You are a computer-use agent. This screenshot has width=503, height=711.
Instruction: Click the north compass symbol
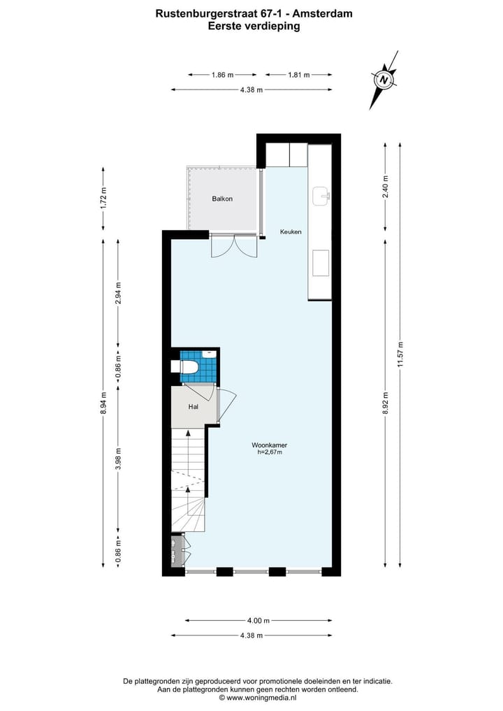tap(384, 80)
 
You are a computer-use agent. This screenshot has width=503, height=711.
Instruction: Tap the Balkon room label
tap(222, 199)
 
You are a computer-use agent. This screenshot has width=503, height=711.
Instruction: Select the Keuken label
tap(291, 231)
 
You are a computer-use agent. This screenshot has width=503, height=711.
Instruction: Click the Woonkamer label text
tap(270, 445)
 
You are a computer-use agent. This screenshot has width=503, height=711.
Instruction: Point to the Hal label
tap(193, 406)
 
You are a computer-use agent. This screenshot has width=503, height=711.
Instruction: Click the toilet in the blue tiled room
tap(190, 366)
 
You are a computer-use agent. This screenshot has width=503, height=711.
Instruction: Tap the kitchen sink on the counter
tap(321, 196)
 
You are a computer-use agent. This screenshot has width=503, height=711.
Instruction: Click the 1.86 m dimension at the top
tap(221, 74)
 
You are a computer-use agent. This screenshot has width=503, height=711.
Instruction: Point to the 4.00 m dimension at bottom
tap(258, 620)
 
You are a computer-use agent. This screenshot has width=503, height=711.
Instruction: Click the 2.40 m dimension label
tap(385, 187)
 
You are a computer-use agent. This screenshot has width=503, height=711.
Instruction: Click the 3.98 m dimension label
tap(118, 459)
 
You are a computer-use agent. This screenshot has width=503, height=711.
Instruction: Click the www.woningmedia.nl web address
tap(258, 697)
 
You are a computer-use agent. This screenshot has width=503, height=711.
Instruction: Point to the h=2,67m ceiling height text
tap(270, 453)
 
